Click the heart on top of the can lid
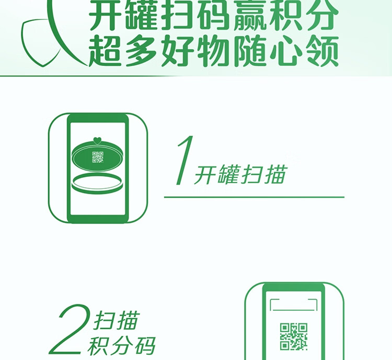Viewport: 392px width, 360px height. click(x=97, y=141)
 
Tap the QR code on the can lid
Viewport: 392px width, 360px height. click(x=98, y=157)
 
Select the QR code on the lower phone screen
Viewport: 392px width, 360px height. click(x=294, y=336)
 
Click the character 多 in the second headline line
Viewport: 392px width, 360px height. click(x=141, y=51)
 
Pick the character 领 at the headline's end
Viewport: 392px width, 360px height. click(x=322, y=51)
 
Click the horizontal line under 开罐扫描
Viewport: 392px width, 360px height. click(x=254, y=197)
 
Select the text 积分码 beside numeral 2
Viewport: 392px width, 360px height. click(x=122, y=346)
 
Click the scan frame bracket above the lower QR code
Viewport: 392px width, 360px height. click(x=294, y=305)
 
